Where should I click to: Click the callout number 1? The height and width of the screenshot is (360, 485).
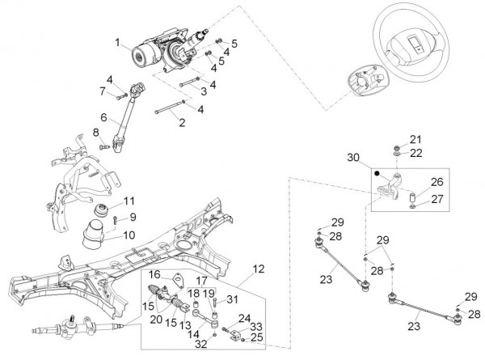pyautogui.click(x=117, y=42)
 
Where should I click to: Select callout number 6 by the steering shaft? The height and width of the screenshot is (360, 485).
pyautogui.click(x=104, y=117)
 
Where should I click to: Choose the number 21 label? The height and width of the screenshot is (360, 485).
pyautogui.click(x=415, y=138)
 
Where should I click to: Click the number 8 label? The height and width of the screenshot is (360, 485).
pyautogui.click(x=95, y=132)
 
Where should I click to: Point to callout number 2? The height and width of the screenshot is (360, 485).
pyautogui.click(x=182, y=123)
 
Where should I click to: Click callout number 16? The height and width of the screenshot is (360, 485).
pyautogui.click(x=150, y=275)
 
